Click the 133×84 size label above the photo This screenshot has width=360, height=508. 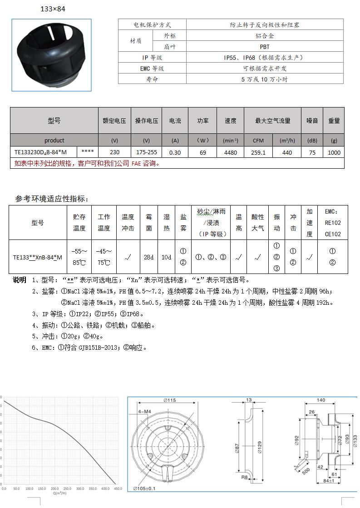(x=53, y=9)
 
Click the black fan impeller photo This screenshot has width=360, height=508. (x=51, y=54)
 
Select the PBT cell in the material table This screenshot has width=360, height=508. (x=265, y=47)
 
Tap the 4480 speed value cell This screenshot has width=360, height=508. (x=230, y=153)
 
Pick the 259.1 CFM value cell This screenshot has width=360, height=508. (x=258, y=153)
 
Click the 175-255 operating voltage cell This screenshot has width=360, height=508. (x=146, y=153)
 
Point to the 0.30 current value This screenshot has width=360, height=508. (x=175, y=153)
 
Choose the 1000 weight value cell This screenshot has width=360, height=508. (x=334, y=153)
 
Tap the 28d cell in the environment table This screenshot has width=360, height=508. (x=149, y=257)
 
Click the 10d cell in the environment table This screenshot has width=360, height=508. (x=167, y=257)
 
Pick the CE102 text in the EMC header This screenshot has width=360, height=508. (x=332, y=234)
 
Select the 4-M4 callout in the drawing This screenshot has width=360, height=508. (x=144, y=412)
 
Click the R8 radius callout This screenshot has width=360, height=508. (x=244, y=477)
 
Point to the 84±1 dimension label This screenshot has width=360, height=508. (x=329, y=480)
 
